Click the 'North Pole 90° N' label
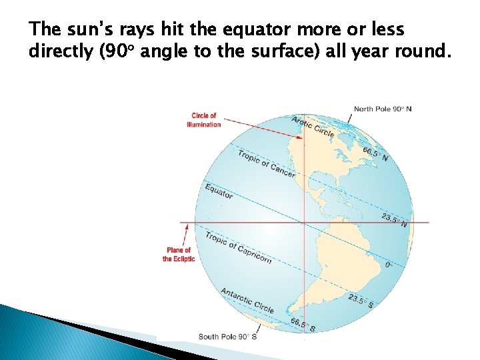(382, 109)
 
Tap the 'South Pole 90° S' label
(227, 337)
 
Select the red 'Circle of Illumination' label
(204, 120)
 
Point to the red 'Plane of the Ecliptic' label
(178, 255)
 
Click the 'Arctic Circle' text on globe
(313, 127)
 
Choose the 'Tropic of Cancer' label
(266, 164)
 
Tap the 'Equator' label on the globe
(219, 191)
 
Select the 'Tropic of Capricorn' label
(238, 247)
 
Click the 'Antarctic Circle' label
(247, 300)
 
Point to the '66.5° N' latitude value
(375, 154)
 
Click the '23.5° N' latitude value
(394, 220)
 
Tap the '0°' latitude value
(389, 265)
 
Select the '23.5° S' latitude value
(361, 301)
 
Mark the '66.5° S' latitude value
(302, 325)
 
